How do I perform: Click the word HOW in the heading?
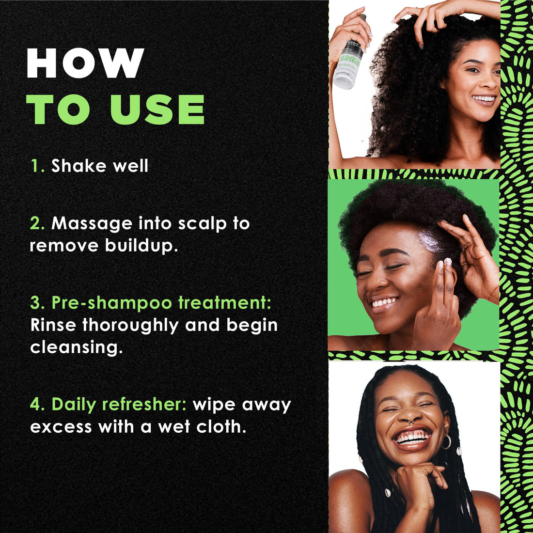pos(85,63)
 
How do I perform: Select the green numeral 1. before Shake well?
pos(37,166)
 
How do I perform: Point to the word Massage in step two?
pos(92,223)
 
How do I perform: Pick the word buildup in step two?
pos(141,245)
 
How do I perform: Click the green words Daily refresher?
pos(119,405)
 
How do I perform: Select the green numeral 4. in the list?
pos(37,405)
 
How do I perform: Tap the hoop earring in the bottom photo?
pos(446,441)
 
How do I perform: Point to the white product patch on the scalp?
pos(431,241)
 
